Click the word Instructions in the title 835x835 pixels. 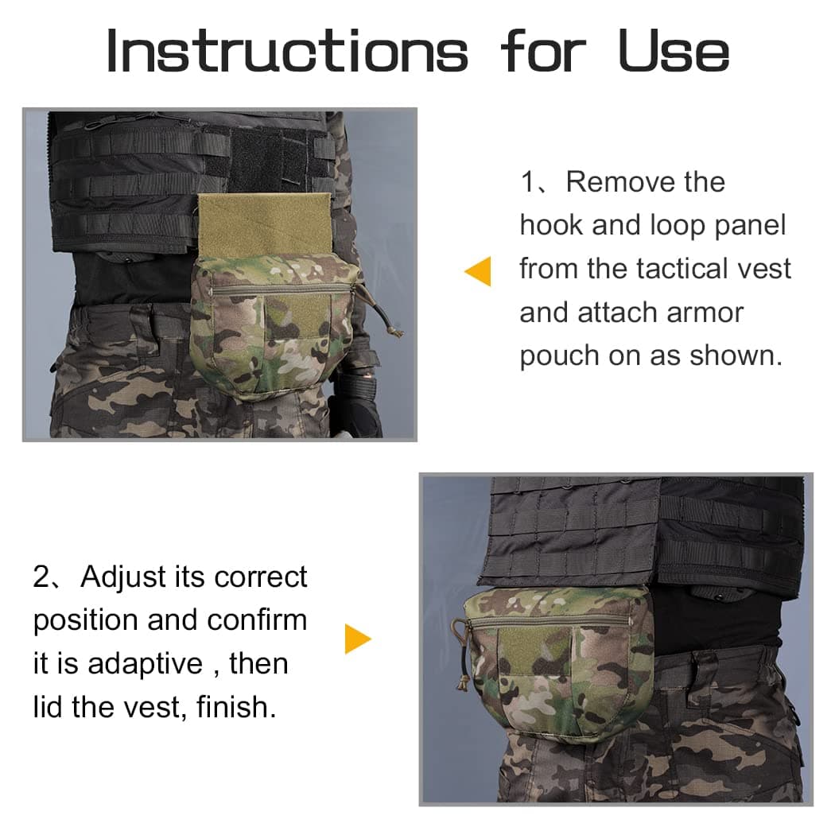click(287, 51)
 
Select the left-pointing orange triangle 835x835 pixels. click(478, 271)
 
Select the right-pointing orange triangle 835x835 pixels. click(358, 639)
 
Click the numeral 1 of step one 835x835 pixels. click(528, 182)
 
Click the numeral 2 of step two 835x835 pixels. click(41, 577)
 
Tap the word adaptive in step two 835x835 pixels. click(146, 665)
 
